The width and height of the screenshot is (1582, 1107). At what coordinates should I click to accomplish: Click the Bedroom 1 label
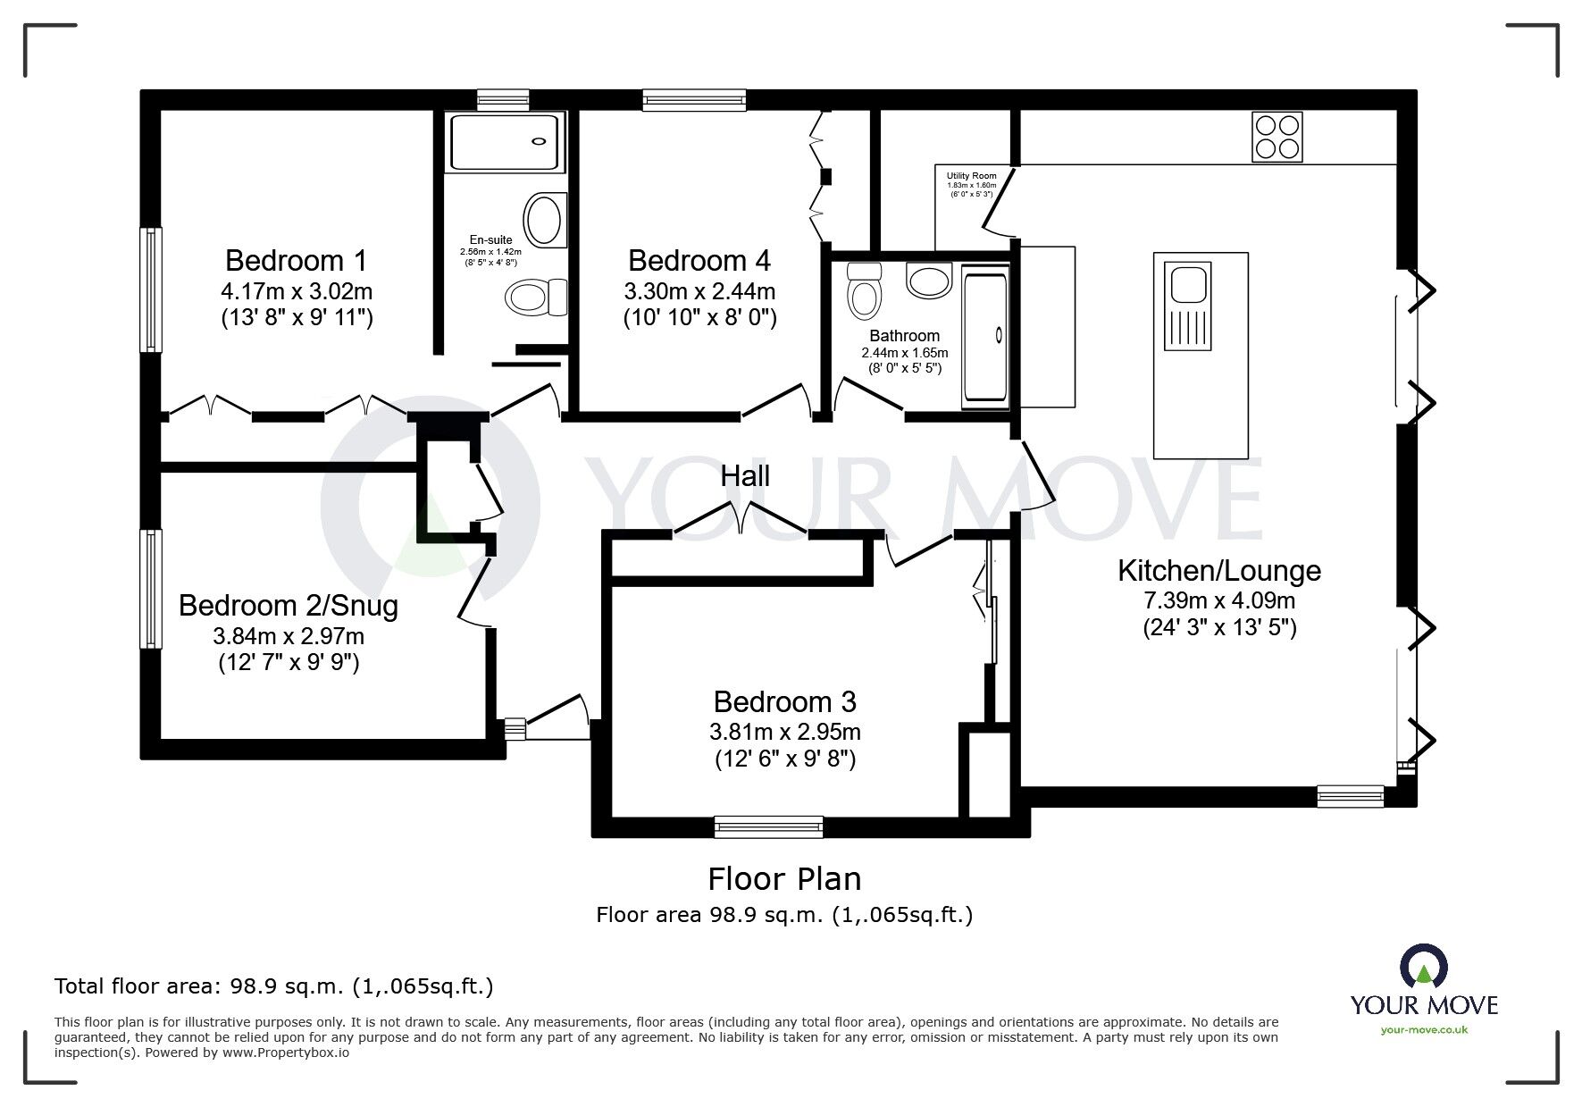pyautogui.click(x=296, y=261)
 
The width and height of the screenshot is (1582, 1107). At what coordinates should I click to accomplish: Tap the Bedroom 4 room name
pyautogui.click(x=699, y=261)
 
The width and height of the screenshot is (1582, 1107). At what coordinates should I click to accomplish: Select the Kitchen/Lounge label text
pyautogui.click(x=1219, y=570)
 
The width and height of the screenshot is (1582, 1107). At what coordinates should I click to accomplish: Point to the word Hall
pyautogui.click(x=745, y=476)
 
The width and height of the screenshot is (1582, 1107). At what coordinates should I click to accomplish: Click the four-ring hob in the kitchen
pyautogui.click(x=1277, y=137)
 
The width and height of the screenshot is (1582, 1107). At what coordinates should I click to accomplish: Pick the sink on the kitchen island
pyautogui.click(x=1187, y=306)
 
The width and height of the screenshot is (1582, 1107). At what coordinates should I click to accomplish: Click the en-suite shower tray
pyautogui.click(x=507, y=141)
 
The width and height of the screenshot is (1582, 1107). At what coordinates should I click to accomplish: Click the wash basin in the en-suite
pyautogui.click(x=545, y=220)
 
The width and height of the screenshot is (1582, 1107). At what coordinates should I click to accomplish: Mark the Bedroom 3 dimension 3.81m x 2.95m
pyautogui.click(x=785, y=733)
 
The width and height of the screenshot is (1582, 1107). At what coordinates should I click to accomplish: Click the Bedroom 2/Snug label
pyautogui.click(x=289, y=606)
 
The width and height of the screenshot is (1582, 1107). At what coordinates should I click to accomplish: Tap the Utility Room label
pyautogui.click(x=972, y=176)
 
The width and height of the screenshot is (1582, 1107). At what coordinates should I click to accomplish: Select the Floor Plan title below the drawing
pyautogui.click(x=785, y=879)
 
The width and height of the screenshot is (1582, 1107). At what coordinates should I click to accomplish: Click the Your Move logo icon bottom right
pyautogui.click(x=1424, y=967)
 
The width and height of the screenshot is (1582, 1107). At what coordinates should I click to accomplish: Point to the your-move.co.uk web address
pyautogui.click(x=1425, y=1030)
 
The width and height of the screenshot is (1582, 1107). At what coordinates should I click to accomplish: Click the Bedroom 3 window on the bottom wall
pyautogui.click(x=768, y=827)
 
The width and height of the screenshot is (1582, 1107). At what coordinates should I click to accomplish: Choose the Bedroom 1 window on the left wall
pyautogui.click(x=151, y=289)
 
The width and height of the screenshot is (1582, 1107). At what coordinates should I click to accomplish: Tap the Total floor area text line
pyautogui.click(x=274, y=986)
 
